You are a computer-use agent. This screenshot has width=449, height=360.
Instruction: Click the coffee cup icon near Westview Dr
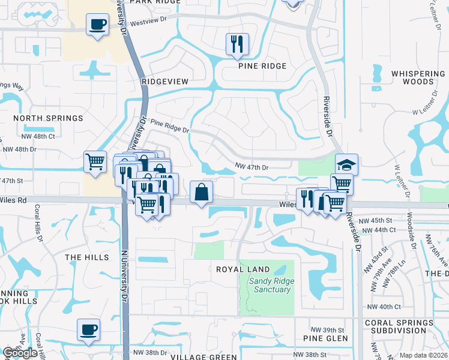coord(98,25)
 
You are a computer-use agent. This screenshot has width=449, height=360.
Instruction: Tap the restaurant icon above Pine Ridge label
coord(237,44)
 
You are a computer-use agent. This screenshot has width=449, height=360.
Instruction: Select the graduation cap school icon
coord(346,164)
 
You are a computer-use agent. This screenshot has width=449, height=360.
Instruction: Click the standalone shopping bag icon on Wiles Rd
coord(202,192)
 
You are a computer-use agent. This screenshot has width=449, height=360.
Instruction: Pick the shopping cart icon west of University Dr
coord(95,161)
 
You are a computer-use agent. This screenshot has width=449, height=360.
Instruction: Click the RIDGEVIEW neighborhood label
coord(165,81)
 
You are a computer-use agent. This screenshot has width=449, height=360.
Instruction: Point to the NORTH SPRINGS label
coord(48,118)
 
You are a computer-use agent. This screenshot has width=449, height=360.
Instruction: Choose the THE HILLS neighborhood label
coord(87,257)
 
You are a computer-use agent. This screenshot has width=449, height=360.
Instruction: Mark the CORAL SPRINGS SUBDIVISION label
coord(399,326)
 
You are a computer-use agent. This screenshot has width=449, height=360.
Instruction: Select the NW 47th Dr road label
coord(251,166)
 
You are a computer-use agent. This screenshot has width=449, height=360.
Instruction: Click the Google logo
coord(20,353)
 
